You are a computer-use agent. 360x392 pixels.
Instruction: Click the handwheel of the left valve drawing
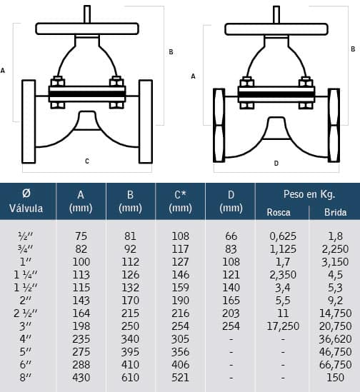(x=87, y=29)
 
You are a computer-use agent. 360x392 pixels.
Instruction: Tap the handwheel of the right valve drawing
(x=276, y=29)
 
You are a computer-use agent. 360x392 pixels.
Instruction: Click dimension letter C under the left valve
(x=87, y=161)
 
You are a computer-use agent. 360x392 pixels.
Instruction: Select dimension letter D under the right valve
(x=276, y=164)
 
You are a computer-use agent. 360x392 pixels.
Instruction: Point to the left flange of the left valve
(x=29, y=121)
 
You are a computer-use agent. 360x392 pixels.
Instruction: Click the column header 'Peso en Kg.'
(x=309, y=194)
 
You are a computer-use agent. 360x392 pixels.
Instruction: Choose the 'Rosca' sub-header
(x=279, y=212)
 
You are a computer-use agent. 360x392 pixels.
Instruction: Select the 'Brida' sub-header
(x=335, y=212)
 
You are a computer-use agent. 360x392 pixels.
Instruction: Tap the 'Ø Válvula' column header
(x=26, y=201)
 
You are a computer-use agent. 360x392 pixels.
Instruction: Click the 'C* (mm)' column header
(x=180, y=201)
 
